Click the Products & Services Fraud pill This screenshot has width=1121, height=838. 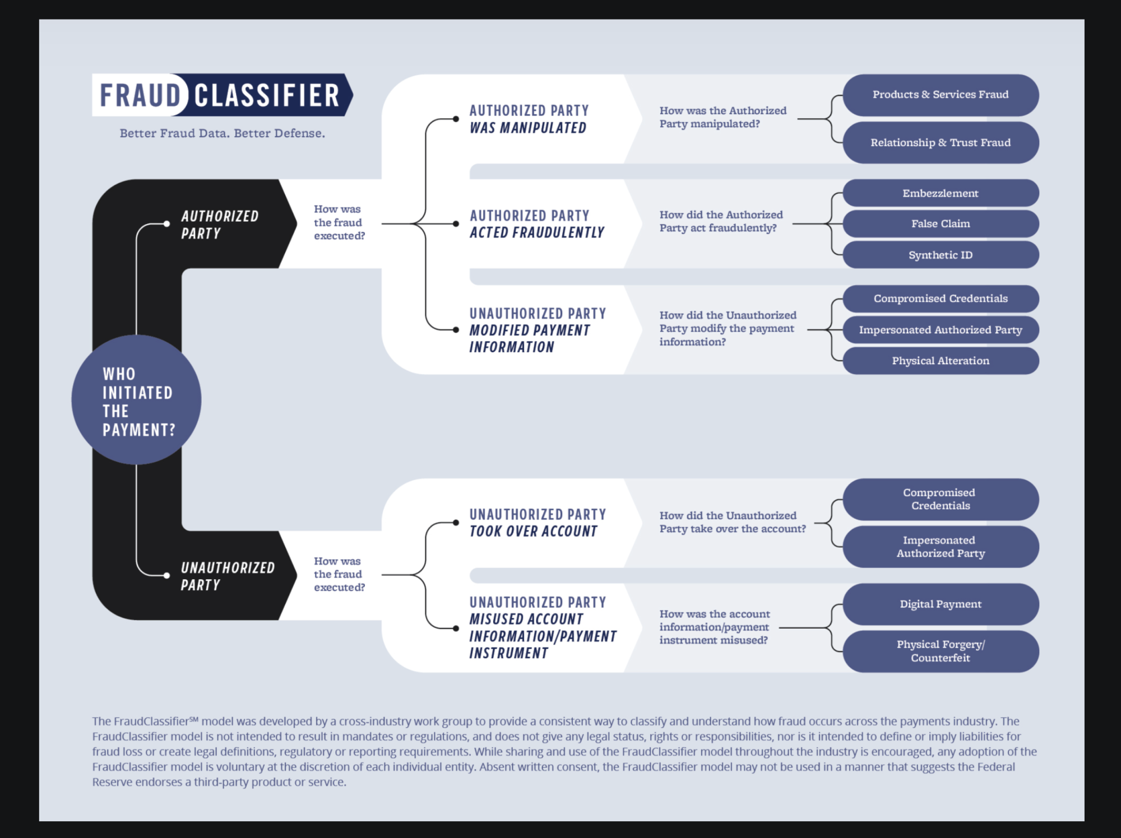[941, 95]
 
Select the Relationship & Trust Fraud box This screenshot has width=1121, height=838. [941, 142]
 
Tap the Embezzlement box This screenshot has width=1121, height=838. [941, 193]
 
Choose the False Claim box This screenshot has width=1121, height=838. [941, 224]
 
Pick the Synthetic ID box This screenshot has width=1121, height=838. [941, 255]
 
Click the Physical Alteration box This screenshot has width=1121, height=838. [941, 361]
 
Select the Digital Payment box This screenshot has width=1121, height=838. [941, 604]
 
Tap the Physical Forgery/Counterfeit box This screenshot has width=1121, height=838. [941, 651]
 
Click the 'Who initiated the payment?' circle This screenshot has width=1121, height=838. [136, 399]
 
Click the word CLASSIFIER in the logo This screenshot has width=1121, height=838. [267, 95]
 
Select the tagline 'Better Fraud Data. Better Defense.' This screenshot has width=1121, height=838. [222, 133]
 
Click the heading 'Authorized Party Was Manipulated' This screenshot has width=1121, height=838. [529, 119]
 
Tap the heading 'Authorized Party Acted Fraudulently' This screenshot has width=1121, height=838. [537, 224]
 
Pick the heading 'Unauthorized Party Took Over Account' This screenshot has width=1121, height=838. [538, 523]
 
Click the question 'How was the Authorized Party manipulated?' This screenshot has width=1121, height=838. [722, 117]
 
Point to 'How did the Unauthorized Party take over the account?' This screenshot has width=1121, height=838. [733, 522]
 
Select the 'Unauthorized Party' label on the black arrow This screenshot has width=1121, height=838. [228, 576]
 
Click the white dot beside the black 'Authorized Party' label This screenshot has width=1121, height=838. [166, 224]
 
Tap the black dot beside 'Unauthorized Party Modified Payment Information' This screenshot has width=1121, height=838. [456, 330]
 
